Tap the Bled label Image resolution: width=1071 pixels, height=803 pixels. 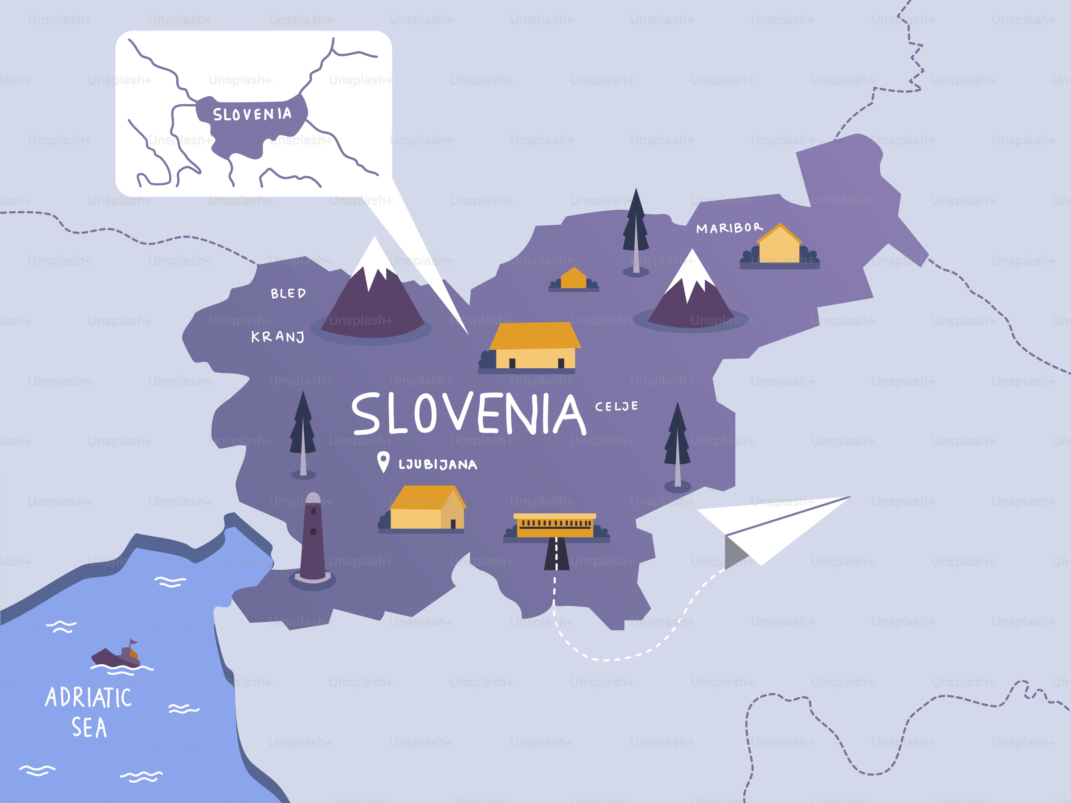point(288,293)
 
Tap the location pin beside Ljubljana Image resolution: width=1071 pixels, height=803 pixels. point(383,461)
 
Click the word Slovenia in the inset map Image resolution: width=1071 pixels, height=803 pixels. point(252,114)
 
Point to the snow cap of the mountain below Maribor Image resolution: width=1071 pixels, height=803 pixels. point(692,271)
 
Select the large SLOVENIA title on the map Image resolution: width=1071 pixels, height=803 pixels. point(469,414)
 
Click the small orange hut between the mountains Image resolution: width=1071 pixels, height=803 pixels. point(574,279)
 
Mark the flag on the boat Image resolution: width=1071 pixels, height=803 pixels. point(133,643)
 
